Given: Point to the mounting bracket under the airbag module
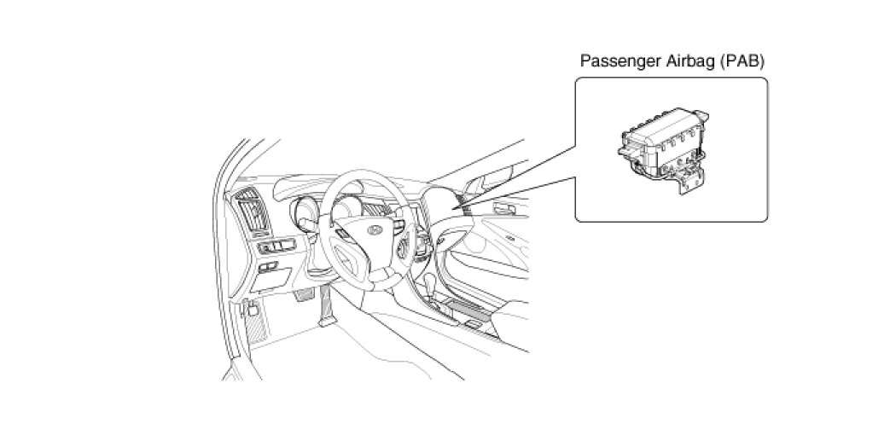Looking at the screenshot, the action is click(x=692, y=179).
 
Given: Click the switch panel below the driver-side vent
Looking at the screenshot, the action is click(x=275, y=247).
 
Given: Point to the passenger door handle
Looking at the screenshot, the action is click(x=505, y=210).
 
